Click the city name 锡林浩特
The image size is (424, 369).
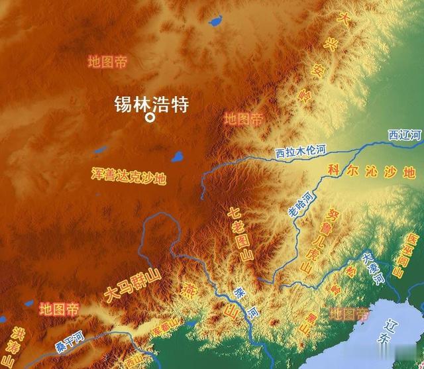152,103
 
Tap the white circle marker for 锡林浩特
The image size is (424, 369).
150,118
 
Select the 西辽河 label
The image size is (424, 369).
404,135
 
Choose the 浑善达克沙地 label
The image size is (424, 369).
129,176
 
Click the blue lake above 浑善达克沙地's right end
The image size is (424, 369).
178,158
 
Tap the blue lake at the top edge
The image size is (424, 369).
215,21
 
